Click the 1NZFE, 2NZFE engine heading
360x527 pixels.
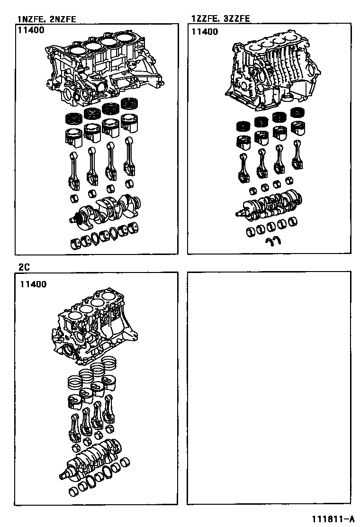(47, 19)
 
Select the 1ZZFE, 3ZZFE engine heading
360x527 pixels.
(221, 18)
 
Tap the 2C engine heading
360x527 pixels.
(24, 267)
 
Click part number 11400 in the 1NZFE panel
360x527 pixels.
(31, 30)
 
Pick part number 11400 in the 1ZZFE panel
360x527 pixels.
(205, 32)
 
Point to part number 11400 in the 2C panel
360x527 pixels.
(33, 284)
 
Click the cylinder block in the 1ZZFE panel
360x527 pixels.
(272, 73)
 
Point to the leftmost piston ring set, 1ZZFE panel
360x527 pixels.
(244, 127)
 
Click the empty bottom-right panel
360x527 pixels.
(269, 388)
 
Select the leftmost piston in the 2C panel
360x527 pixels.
(75, 403)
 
